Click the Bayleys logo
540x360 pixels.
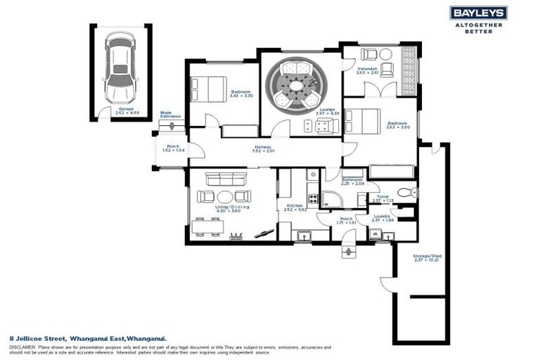coord(478,13)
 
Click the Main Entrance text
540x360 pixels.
coord(170,114)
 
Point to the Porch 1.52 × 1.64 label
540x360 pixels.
coord(171,148)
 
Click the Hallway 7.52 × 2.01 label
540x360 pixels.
coord(264,148)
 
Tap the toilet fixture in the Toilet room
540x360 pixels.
coord(405,192)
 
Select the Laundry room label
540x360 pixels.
coord(382,217)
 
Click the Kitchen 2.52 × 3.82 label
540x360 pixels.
coord(296,207)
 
